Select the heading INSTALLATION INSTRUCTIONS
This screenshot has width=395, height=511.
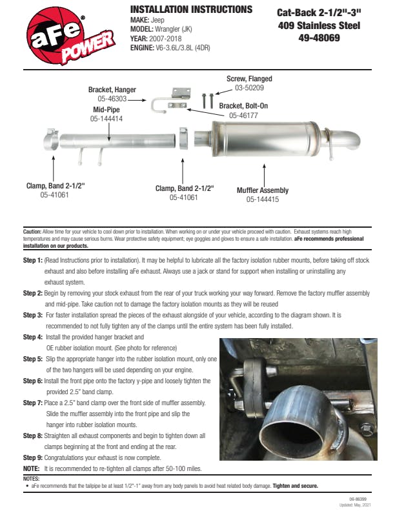[x=191, y=10]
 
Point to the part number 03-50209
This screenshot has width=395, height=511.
[x=249, y=87]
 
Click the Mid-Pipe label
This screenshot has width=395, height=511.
[x=106, y=110]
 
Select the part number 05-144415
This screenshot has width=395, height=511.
[x=263, y=200]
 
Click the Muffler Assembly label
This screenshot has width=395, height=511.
[x=263, y=190]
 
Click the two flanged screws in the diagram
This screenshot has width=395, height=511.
[x=207, y=100]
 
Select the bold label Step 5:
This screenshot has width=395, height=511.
[x=32, y=358]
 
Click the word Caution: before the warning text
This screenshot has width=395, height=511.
[x=32, y=230]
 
